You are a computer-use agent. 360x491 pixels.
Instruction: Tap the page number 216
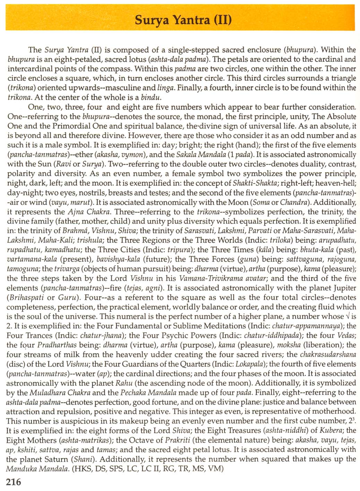[x=14, y=482]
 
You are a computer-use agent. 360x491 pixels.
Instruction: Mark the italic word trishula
[x=91, y=240]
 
